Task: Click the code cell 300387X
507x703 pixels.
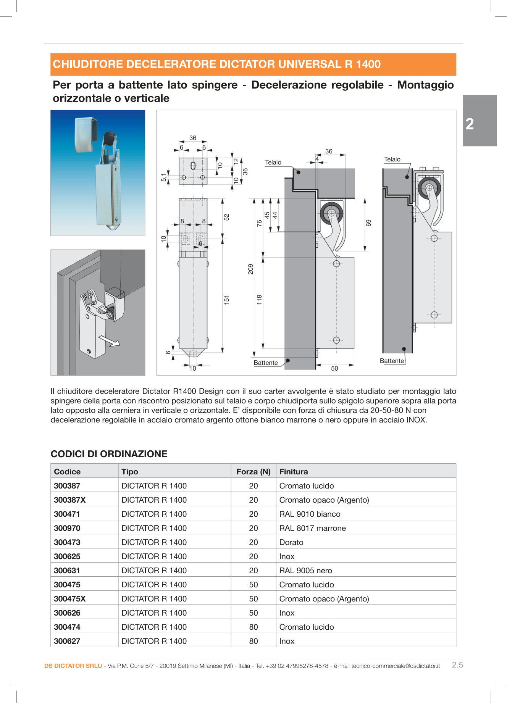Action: [x=70, y=500]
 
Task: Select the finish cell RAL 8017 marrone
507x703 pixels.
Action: [x=312, y=528]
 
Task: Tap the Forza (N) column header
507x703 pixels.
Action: [x=253, y=471]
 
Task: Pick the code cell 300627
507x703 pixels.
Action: [x=67, y=641]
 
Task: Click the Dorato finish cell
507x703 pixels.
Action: [x=291, y=542]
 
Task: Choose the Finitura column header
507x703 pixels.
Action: [x=293, y=471]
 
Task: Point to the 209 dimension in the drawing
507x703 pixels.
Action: [x=250, y=269]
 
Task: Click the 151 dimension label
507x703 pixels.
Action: [x=226, y=299]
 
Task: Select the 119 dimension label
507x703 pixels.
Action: [x=259, y=299]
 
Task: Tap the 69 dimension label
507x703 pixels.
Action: [x=368, y=223]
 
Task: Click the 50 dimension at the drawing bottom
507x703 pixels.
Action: [x=334, y=368]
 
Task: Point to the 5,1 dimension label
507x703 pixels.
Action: [x=164, y=177]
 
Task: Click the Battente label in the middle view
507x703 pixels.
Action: [x=266, y=363]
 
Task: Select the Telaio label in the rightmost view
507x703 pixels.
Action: [x=392, y=159]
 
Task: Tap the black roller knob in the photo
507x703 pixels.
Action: [x=109, y=137]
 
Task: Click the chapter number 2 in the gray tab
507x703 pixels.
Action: [x=470, y=124]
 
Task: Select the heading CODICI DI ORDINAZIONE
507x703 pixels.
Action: [x=109, y=454]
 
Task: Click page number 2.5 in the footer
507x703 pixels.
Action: [x=457, y=664]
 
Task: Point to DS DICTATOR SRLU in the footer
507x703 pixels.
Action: [x=73, y=666]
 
